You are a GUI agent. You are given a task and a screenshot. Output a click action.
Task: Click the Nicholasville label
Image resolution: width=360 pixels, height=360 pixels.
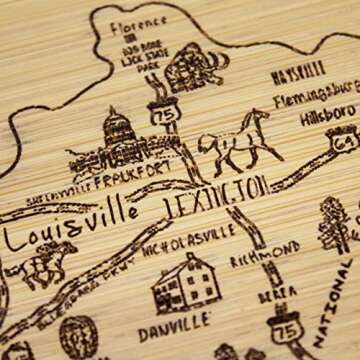(185, 237)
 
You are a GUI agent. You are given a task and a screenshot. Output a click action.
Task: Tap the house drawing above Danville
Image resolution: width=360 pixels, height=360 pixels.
(181, 281)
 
